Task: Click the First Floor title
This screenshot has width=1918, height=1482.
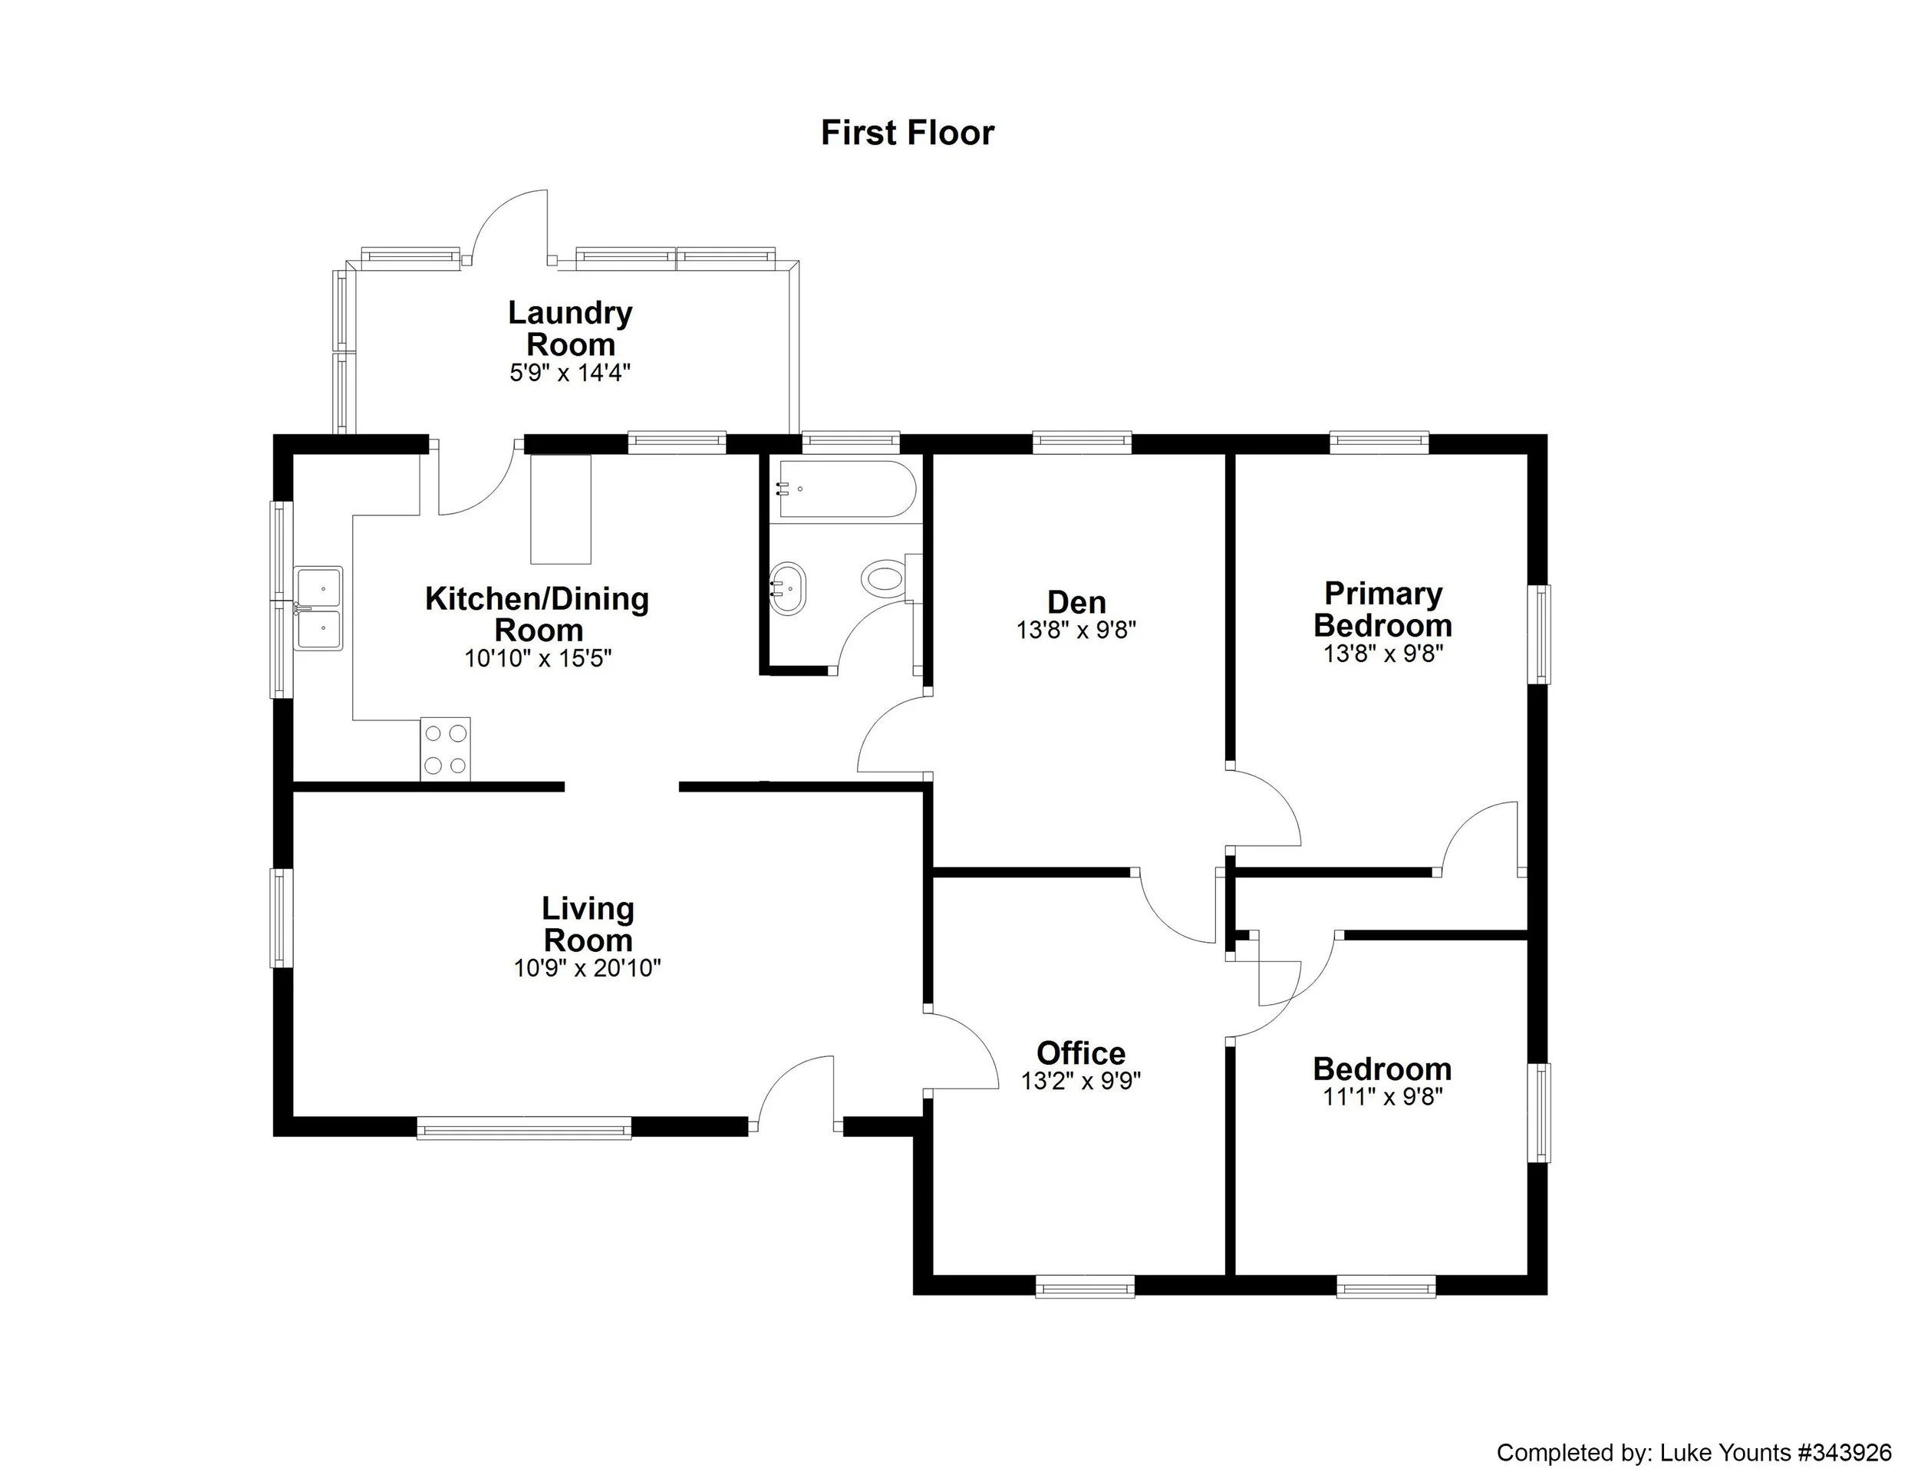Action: (906, 133)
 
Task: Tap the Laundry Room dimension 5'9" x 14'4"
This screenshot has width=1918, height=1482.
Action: (570, 373)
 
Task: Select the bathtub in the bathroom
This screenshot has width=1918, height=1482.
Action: (845, 488)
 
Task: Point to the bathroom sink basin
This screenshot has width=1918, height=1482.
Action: (788, 588)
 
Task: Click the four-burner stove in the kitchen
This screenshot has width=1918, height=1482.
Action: (445, 749)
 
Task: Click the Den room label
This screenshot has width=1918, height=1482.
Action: (1076, 602)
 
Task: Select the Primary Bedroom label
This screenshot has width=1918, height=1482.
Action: (1382, 609)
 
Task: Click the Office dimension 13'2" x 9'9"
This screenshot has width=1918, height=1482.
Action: (1080, 1081)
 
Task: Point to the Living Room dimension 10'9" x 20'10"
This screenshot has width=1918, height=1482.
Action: (587, 968)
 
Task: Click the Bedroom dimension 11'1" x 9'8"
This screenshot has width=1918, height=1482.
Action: (1382, 1097)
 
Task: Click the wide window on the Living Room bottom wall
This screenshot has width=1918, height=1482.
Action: (523, 1128)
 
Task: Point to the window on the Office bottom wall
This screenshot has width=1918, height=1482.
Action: (1085, 1287)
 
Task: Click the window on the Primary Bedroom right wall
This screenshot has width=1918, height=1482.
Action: (1542, 633)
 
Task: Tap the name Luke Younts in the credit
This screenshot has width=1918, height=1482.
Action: (1725, 1452)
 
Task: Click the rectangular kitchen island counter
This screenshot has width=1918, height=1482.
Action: (560, 509)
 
